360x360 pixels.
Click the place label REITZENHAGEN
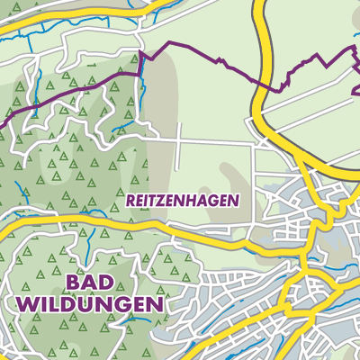(x=183, y=201)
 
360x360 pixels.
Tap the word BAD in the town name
(x=93, y=282)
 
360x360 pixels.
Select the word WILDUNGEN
(x=90, y=305)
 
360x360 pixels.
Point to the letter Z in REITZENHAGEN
(x=162, y=201)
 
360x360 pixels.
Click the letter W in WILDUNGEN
(x=28, y=305)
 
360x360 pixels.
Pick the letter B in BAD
(x=74, y=282)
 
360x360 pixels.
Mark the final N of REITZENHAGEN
(x=233, y=201)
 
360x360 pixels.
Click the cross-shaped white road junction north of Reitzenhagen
(x=179, y=139)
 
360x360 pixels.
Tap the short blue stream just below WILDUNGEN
(x=90, y=328)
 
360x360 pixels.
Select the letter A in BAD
(x=93, y=282)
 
